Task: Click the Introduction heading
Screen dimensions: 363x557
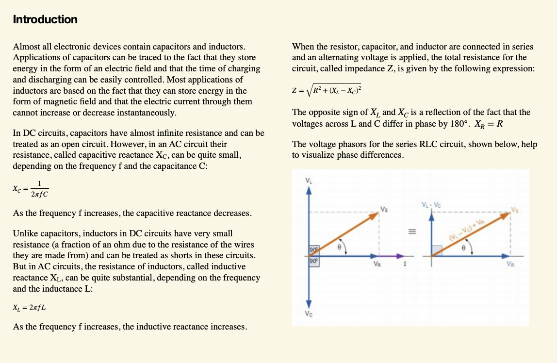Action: point(45,19)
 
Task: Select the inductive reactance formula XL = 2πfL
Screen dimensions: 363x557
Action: point(30,308)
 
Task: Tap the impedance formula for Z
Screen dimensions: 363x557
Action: point(327,90)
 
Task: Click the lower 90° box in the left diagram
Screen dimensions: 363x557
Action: point(313,261)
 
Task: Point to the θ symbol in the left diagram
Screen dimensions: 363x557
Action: point(340,247)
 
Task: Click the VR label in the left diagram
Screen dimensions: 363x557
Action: point(377,265)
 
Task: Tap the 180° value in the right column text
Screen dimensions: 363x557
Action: point(459,123)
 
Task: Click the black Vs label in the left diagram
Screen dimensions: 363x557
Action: point(384,209)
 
